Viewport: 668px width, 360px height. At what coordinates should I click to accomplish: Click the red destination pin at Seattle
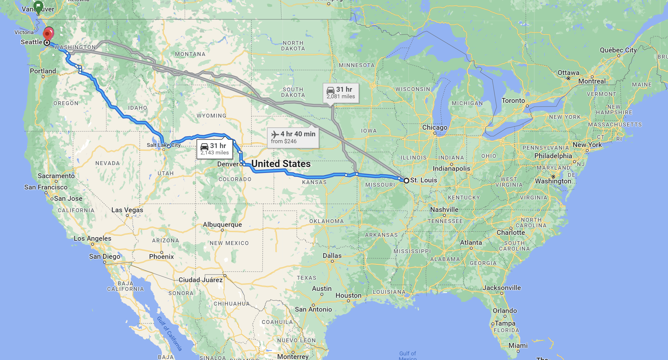48,33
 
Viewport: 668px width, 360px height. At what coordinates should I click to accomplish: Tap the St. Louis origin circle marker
406,180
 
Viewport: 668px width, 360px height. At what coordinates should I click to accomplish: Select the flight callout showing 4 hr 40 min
293,137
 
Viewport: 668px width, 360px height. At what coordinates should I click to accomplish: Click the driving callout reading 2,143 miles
215,149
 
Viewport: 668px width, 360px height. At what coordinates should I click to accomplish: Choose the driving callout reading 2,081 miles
341,93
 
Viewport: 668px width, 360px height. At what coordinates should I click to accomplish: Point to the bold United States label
281,164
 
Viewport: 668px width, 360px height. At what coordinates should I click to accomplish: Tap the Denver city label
228,164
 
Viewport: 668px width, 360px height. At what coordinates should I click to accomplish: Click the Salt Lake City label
163,145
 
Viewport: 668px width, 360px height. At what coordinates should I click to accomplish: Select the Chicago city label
434,127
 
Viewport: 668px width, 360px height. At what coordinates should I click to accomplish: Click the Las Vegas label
127,210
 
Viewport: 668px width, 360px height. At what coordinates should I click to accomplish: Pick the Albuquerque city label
222,224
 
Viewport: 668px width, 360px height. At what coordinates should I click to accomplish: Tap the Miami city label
518,346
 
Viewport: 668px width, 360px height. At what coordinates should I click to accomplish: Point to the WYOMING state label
211,116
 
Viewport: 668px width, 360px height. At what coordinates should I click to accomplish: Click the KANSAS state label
314,182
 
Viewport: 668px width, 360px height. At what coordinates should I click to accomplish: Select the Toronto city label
513,101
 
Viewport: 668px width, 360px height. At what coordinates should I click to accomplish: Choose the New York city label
587,145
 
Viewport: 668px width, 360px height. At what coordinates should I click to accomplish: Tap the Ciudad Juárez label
200,280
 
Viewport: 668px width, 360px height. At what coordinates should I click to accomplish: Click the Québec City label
618,50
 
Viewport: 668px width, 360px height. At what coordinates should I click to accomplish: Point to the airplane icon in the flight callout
275,134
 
